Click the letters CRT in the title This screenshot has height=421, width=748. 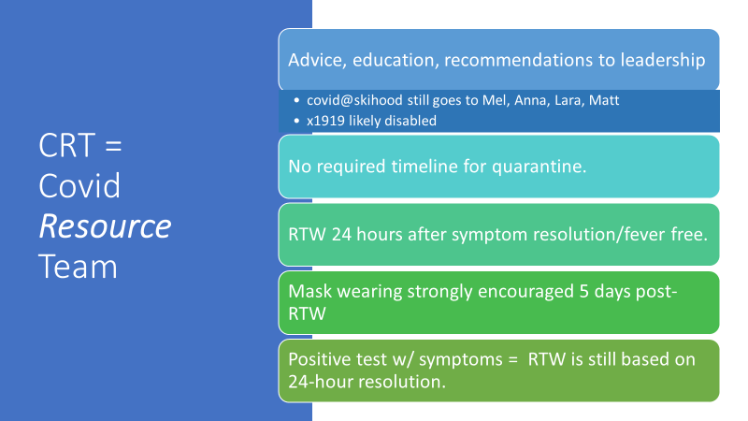pos(66,146)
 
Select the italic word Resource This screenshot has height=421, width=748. pos(105,225)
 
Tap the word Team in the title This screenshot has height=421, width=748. pos(78,267)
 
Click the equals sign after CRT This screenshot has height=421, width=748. pos(113,146)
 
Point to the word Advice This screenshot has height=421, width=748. pos(317,61)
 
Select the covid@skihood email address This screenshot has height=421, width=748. pos(354,100)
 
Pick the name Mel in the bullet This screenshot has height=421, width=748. pos(495,100)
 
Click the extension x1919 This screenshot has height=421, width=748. pos(325,121)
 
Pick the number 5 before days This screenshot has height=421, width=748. pos(583,292)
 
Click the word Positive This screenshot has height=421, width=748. pos(321,359)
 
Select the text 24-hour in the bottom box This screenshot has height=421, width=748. pos(321,382)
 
